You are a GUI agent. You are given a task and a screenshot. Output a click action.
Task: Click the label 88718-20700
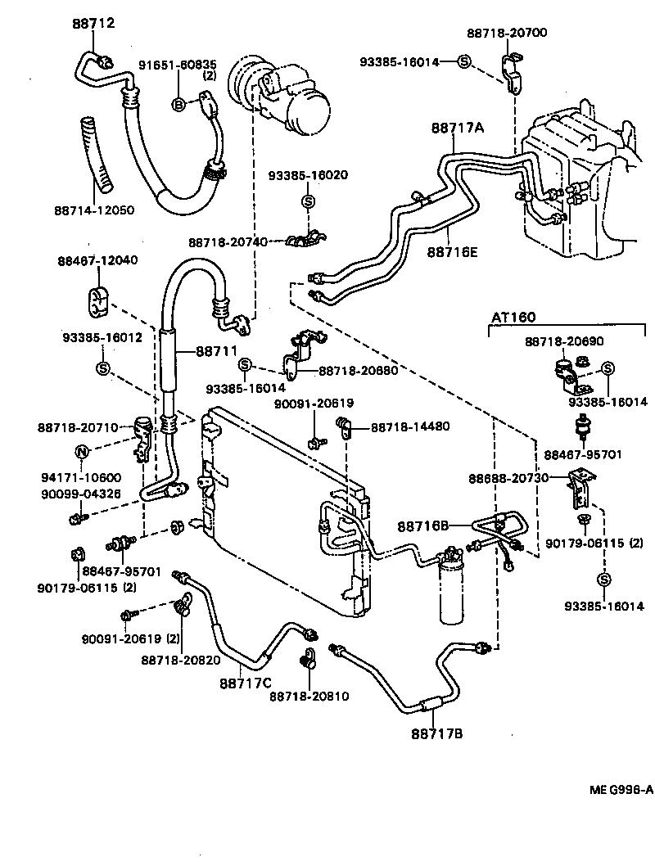click(x=507, y=33)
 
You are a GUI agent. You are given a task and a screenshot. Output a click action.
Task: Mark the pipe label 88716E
click(x=451, y=251)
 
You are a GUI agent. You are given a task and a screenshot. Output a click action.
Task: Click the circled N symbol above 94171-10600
click(x=82, y=452)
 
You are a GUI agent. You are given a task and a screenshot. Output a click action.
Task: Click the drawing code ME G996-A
click(x=620, y=790)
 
